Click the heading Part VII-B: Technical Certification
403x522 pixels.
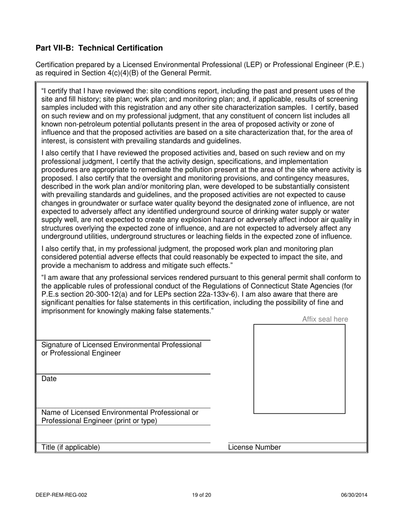click(99, 48)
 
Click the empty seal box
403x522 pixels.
click(299, 369)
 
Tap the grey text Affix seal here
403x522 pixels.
click(325, 319)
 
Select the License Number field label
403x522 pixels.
click(255, 447)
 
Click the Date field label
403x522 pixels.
click(49, 379)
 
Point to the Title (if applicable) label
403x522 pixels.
click(70, 447)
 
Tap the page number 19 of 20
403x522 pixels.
click(201, 495)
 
